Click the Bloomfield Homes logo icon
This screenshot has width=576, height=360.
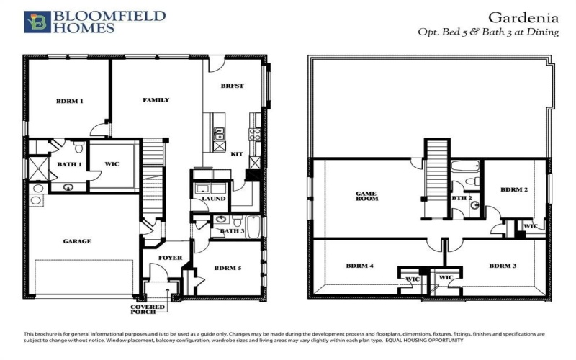click(x=36, y=22)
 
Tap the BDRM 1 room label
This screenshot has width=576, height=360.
click(x=70, y=102)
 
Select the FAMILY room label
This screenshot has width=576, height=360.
click(x=156, y=100)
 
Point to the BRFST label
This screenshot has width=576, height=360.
click(x=233, y=86)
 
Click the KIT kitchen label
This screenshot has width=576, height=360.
click(x=236, y=154)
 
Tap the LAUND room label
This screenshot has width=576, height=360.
click(x=213, y=199)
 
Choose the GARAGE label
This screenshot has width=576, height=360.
click(x=76, y=241)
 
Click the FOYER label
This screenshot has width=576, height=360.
click(x=171, y=258)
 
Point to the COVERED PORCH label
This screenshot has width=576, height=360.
click(x=147, y=310)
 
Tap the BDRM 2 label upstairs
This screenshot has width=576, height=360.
click(x=515, y=190)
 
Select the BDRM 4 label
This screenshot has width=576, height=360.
click(x=359, y=266)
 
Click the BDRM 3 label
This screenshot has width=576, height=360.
click(x=503, y=266)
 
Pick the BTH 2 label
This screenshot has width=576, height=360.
click(x=462, y=198)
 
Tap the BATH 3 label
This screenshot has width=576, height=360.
click(x=232, y=231)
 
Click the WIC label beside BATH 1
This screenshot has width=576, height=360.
click(x=111, y=164)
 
